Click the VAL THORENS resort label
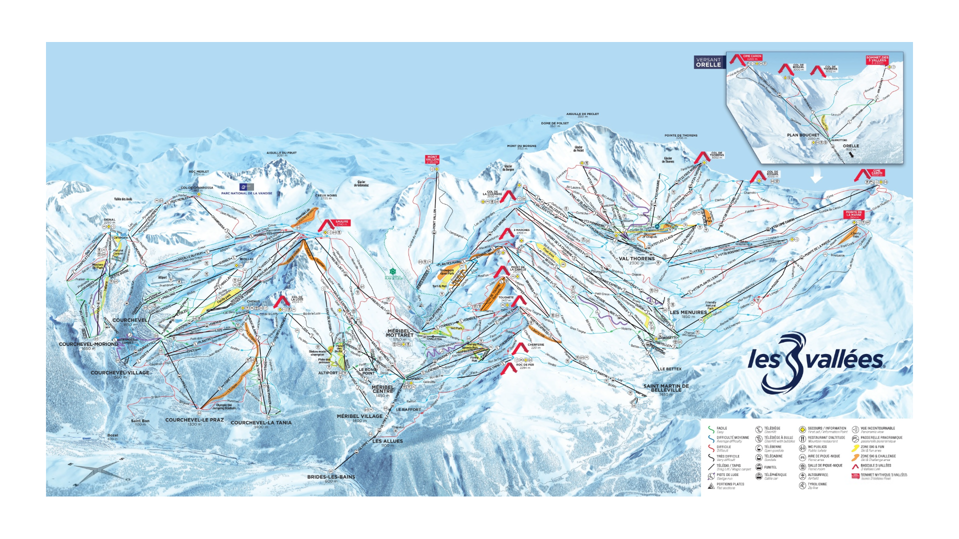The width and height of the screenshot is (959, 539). point(636,259)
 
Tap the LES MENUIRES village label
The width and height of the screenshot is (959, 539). point(688,312)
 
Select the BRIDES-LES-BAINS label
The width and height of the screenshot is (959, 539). point(331,477)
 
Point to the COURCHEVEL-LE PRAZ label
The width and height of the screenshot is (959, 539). point(194,420)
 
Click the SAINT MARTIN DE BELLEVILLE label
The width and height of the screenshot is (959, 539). point(666,387)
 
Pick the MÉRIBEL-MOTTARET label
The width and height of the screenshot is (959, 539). point(400,333)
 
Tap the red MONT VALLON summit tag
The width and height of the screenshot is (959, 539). point(432,159)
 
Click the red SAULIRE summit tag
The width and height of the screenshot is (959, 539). point(341,223)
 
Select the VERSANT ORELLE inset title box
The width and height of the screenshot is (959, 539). point(708,62)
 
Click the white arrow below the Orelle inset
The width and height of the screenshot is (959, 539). point(816,176)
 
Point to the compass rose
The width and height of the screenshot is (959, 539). point(98,470)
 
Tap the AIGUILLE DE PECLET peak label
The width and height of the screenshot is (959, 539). point(582,114)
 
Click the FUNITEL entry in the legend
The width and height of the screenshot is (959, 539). point(770,467)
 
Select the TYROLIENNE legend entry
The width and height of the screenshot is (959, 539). point(817,484)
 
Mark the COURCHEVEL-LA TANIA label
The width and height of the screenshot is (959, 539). point(261,422)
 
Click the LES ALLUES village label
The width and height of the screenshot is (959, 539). point(387,441)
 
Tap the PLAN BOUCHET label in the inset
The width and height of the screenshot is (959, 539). point(803,135)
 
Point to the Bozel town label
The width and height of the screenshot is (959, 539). point(112,435)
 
